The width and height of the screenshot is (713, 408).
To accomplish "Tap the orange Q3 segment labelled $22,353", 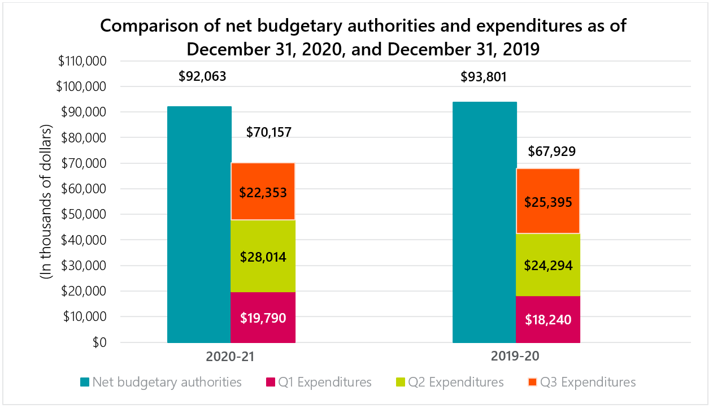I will [x=263, y=192].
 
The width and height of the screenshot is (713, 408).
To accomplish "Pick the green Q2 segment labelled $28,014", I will [x=263, y=256].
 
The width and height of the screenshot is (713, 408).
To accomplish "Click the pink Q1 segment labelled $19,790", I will [x=263, y=317].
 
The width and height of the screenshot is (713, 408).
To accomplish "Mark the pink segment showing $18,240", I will [x=548, y=319].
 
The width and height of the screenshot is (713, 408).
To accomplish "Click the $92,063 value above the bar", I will [x=202, y=76].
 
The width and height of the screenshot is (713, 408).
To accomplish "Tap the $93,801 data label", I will [x=484, y=76].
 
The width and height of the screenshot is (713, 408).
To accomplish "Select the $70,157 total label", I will [x=269, y=133].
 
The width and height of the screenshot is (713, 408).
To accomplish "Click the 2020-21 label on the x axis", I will [x=231, y=357].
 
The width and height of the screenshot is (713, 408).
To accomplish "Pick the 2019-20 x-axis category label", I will [x=516, y=357].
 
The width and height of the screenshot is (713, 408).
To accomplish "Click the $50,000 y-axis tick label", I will [x=85, y=215].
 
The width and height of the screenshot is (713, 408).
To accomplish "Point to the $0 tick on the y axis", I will [x=99, y=342].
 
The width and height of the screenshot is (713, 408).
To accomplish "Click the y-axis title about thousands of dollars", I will [x=46, y=202].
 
